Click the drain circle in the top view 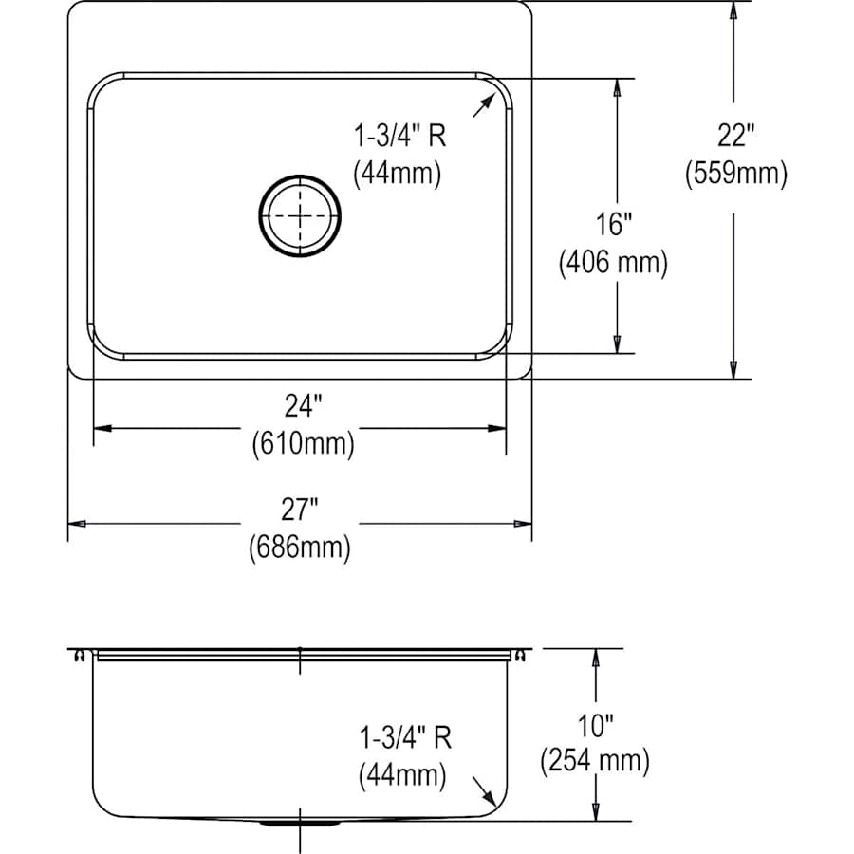(299, 214)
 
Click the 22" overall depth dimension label (735, 137)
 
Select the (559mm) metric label (735, 174)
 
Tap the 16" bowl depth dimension (615, 224)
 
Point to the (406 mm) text (613, 262)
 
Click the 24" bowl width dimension (302, 406)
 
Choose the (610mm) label (303, 443)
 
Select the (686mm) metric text (299, 548)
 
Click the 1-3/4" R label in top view (399, 137)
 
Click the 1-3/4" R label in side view (404, 737)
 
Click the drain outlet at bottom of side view (301, 825)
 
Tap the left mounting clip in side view (80, 656)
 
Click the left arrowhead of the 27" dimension (76, 524)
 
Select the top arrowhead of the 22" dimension (733, 10)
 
